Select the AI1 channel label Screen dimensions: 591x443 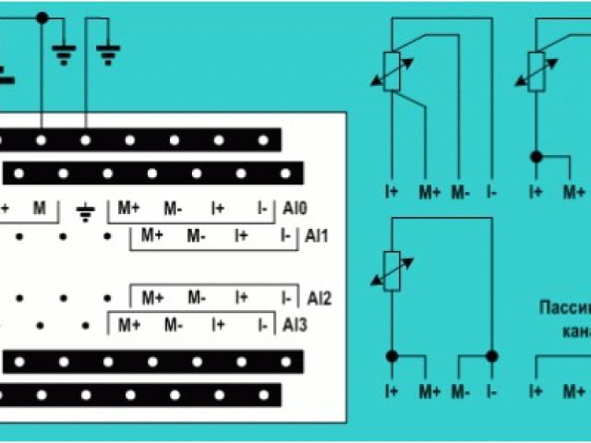point(316,236)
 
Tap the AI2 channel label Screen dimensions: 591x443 point(319,298)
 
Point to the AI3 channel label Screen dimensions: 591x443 point(295,325)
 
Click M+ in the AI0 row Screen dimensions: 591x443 point(128,209)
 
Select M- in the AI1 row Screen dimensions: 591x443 point(196,236)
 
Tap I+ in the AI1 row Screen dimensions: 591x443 point(241,236)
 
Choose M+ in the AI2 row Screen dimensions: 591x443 point(152,298)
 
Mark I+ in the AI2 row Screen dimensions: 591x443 point(241,298)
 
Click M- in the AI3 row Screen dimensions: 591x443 point(173,325)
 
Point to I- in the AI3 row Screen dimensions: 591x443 point(264,325)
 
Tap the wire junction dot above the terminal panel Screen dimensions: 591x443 point(42,18)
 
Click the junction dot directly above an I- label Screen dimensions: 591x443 point(492,355)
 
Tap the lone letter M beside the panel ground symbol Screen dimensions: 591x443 point(38,209)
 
